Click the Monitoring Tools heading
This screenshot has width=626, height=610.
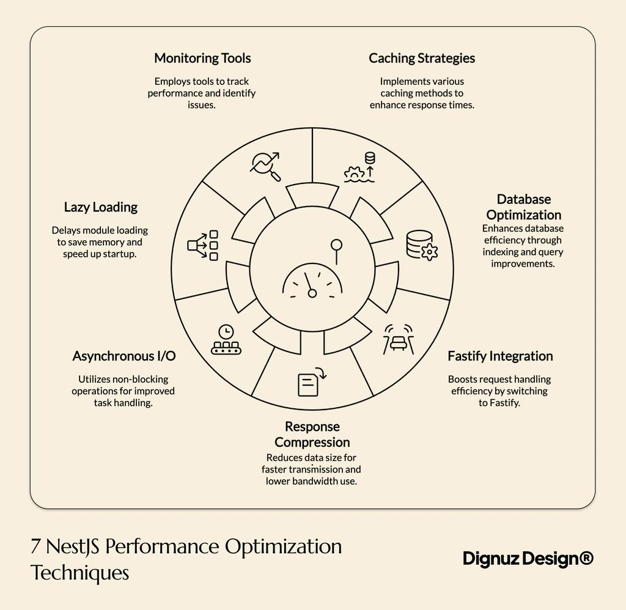(x=202, y=59)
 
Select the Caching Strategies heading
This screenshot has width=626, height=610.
(x=421, y=59)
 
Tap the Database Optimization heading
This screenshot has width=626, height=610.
(x=523, y=207)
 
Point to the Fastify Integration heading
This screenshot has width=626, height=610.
(x=499, y=356)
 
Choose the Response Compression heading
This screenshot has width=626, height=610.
(x=312, y=435)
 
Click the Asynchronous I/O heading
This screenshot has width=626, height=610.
(x=124, y=356)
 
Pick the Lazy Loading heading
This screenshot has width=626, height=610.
(x=101, y=207)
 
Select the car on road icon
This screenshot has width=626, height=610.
(x=398, y=338)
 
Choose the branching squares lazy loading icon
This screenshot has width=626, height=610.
(x=203, y=245)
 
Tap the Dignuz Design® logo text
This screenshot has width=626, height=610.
(x=528, y=558)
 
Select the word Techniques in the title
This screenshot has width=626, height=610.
(x=79, y=573)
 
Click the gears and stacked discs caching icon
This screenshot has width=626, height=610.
(x=361, y=166)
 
